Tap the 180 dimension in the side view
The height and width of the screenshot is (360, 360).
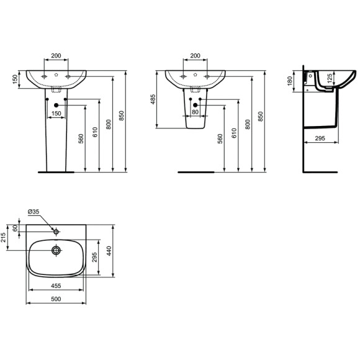coord(296,81)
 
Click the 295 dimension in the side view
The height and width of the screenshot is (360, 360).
coord(321,139)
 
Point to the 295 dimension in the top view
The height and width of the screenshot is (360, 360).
coord(94,258)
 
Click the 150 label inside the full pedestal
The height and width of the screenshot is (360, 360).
coord(56,114)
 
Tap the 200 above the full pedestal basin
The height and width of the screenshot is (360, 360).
coord(56,56)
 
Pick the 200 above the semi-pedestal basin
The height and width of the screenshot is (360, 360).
coord(196,56)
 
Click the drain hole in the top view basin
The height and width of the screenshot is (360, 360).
coord(56,251)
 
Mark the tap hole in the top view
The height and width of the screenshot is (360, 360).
coord(56,232)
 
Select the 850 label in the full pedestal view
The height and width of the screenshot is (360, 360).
coord(127,118)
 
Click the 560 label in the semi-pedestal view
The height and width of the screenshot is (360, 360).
coord(220,138)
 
